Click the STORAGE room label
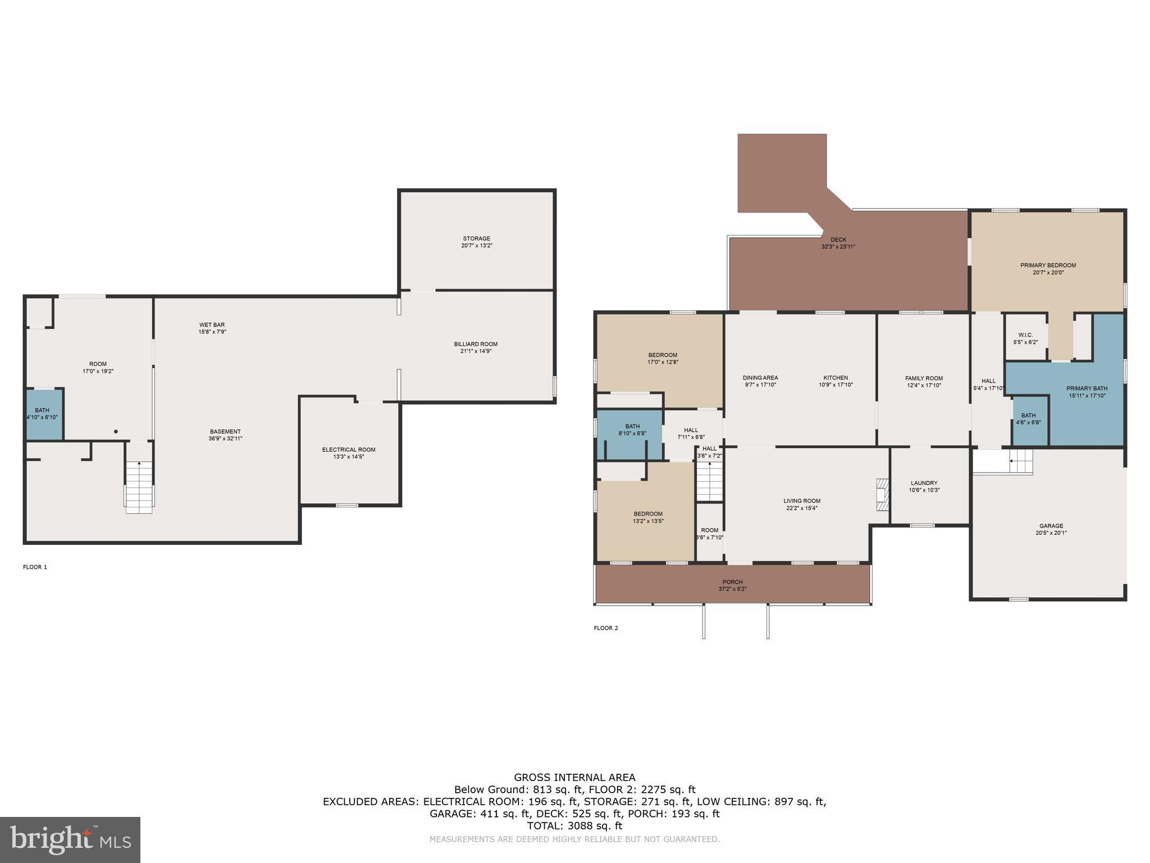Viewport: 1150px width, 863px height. pos(476,238)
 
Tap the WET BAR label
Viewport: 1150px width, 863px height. pos(212,325)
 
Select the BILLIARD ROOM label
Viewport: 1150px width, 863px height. pos(476,344)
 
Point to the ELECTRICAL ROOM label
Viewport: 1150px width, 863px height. pos(349,449)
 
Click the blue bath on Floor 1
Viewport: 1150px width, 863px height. pos(43,414)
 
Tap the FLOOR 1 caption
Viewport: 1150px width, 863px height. pos(35,567)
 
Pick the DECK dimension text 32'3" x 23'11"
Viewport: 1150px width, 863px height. pos(838,247)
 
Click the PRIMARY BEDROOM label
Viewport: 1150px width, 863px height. pos(1048,265)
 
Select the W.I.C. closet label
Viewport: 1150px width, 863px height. pos(1025,335)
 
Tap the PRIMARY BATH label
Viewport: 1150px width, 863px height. pos(1087,388)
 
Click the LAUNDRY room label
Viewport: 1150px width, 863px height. pos(924,483)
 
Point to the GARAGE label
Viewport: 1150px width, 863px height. pos(1051,526)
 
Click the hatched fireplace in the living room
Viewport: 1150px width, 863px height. pos(883,494)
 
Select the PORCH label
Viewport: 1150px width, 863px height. pos(732,582)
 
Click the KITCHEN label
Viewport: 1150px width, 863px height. pos(836,378)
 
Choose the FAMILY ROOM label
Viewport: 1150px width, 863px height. pos(924,378)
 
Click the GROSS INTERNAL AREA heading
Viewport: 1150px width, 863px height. pos(574,778)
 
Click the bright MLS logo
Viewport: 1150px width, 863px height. pos(70,839)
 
